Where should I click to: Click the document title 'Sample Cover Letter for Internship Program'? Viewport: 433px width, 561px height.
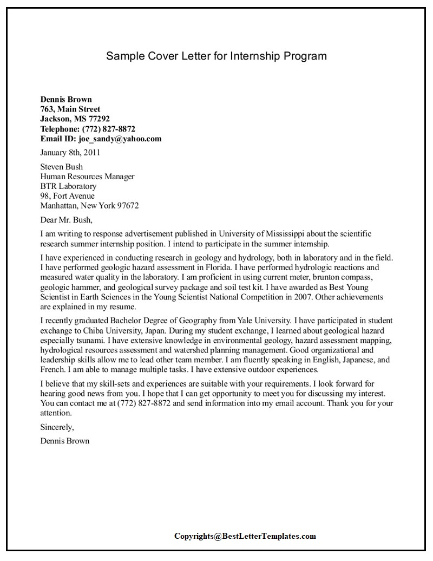216,56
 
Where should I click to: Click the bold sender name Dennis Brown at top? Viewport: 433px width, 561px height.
66,99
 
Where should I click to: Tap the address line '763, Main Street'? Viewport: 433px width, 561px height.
70,109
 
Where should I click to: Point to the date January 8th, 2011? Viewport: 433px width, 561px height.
70,153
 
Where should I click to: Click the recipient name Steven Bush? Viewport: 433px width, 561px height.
62,167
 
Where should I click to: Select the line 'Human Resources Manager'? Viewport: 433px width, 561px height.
87,177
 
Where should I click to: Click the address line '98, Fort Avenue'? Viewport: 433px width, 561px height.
67,196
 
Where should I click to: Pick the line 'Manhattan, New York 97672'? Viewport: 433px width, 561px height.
89,206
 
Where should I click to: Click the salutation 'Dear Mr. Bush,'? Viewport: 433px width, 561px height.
67,220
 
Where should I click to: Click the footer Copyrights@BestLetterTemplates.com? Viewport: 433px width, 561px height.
245,536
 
